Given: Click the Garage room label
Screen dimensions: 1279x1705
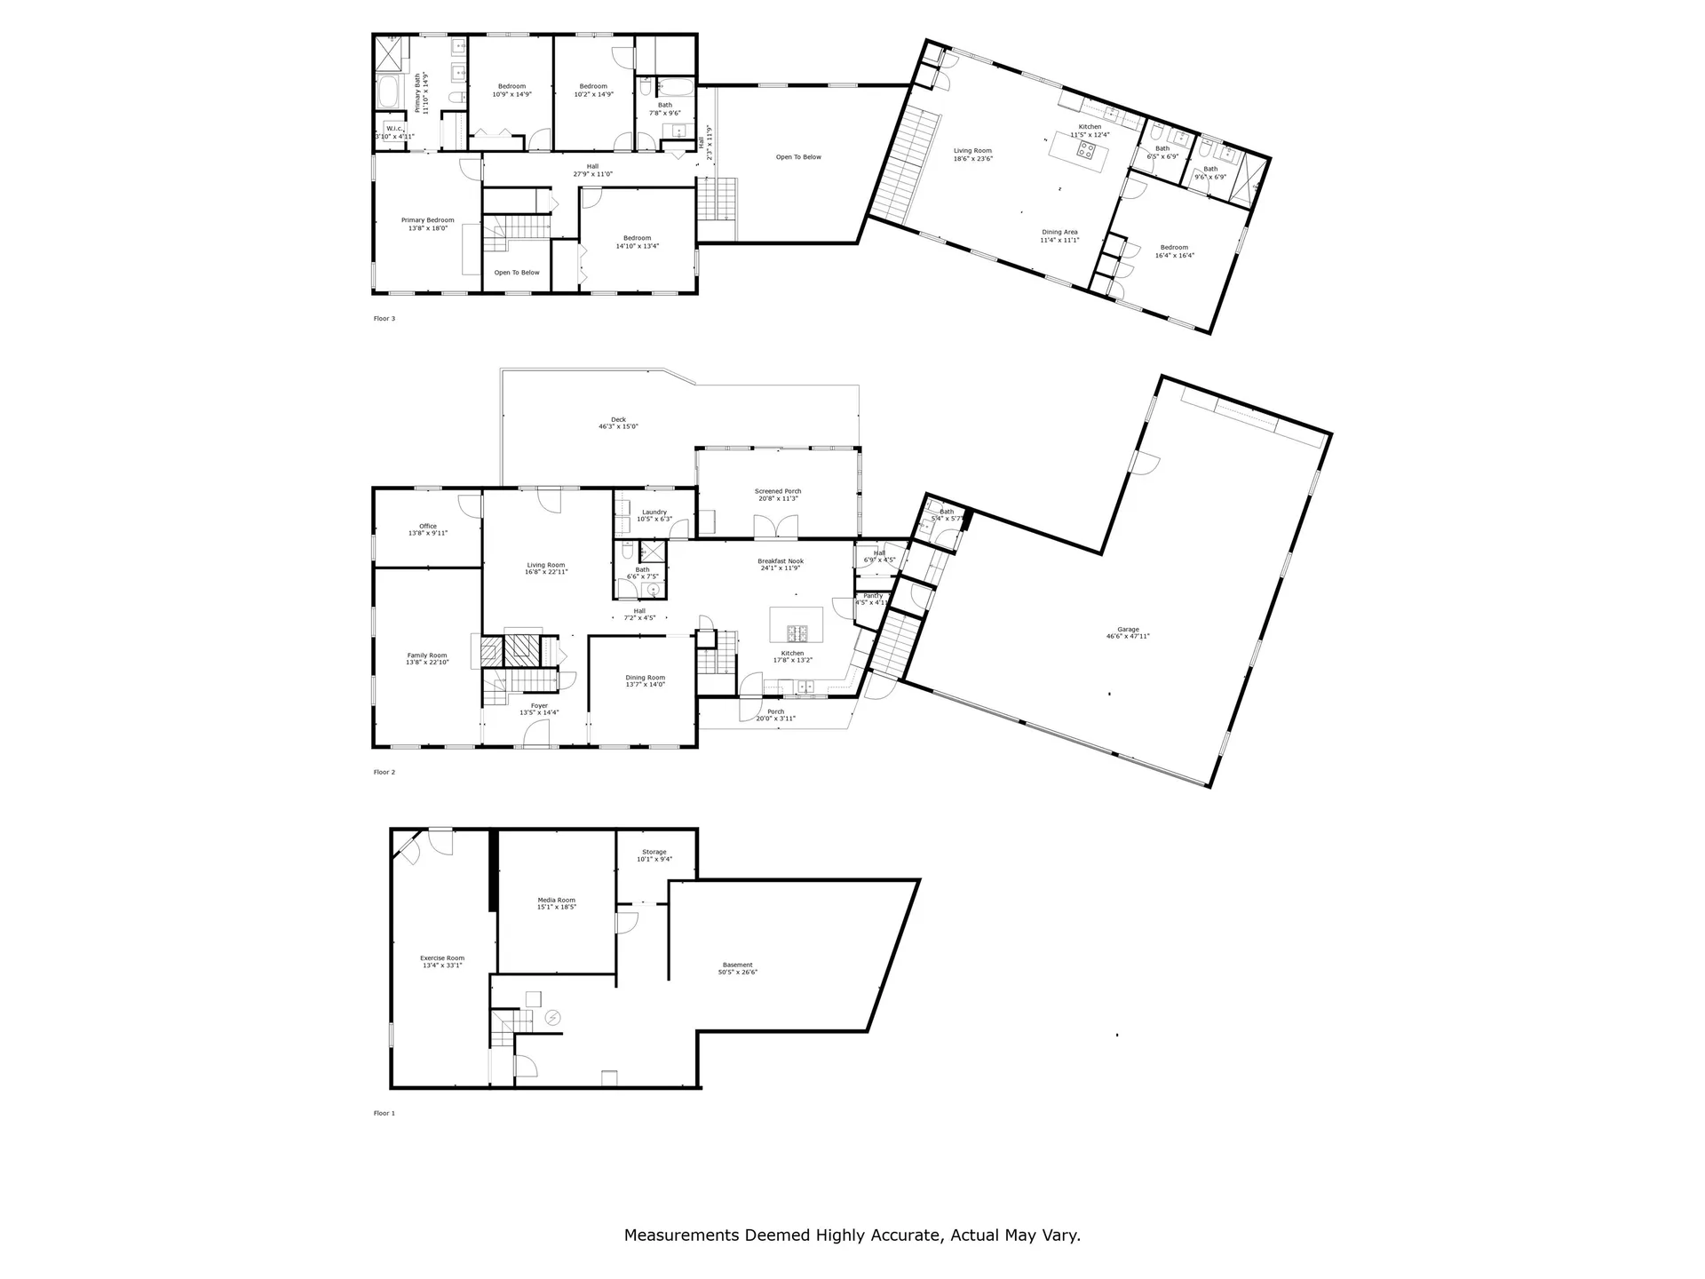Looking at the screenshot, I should coord(1128,632).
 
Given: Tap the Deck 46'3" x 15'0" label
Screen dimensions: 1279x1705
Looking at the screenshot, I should coord(618,423).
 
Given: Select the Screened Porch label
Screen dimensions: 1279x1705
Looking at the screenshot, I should coord(778,495).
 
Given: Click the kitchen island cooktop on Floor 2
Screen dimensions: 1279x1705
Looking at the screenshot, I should coord(797,633).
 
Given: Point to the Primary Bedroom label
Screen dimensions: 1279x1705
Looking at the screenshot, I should coord(427,224).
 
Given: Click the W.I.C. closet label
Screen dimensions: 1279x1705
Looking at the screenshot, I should coord(395,132).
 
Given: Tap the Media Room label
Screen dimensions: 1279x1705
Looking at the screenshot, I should coord(556,903).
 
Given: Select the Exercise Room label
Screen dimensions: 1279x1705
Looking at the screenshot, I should coord(442,961).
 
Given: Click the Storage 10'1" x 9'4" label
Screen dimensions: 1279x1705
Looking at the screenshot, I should coord(654,855).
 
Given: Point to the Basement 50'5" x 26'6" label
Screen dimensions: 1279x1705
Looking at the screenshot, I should coord(737,968).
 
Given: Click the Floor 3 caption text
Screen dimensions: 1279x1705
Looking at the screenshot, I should coord(384,318).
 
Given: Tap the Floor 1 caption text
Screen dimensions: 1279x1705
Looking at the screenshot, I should coord(384,1113).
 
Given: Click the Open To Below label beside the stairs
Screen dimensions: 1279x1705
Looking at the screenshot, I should coord(517,273).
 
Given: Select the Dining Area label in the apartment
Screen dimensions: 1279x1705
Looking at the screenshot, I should coord(1059,235).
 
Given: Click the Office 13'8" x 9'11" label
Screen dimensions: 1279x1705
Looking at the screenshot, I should coord(428,529).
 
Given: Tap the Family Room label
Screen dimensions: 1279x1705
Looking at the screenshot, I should coord(427,658).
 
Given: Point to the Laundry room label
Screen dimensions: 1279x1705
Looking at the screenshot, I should coord(654,515).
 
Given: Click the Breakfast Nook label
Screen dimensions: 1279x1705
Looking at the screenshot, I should coord(781,564).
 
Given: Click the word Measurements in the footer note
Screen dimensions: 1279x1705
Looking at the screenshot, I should coord(682,1235).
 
